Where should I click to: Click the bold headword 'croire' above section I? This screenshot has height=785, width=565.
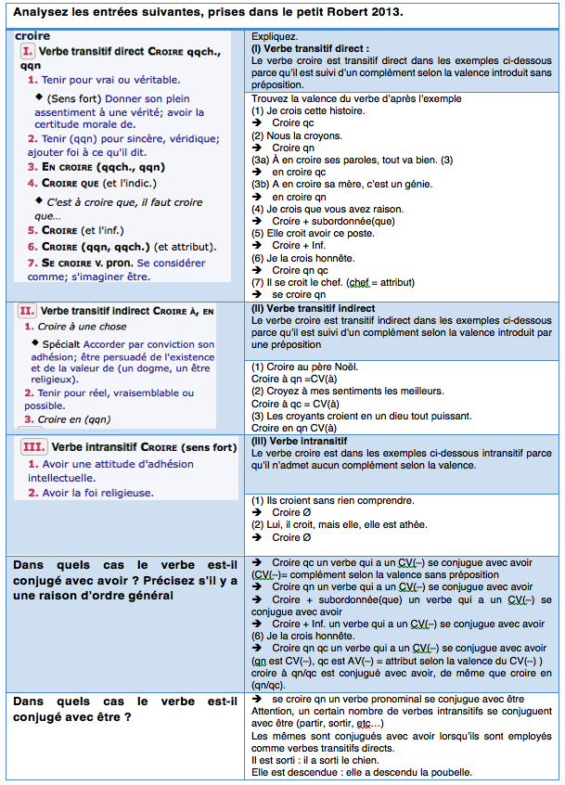tap(33, 36)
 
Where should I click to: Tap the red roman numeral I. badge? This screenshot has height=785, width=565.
tap(26, 52)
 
